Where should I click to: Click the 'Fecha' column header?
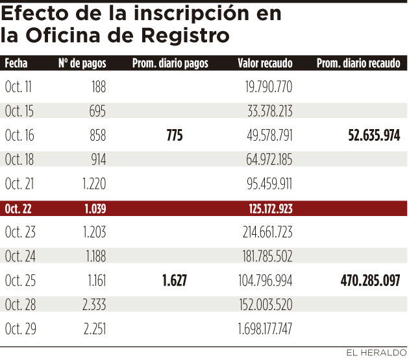[x=16, y=64]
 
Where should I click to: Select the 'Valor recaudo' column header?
[x=265, y=64]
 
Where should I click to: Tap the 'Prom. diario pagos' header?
[x=170, y=64]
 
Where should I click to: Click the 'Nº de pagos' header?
[x=82, y=64]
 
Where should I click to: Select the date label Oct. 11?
[x=19, y=86]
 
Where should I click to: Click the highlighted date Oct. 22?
[x=19, y=209]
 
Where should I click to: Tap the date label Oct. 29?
[x=19, y=330]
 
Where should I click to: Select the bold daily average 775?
[x=175, y=136]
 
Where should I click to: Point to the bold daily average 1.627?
[x=175, y=281]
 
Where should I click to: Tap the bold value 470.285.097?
[x=370, y=281]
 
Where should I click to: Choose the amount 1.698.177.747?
[x=265, y=330]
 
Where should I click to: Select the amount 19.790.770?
[x=269, y=86]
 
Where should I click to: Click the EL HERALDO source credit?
[x=375, y=353]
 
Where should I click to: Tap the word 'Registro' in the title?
[x=188, y=35]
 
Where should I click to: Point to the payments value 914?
[x=97, y=160]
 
